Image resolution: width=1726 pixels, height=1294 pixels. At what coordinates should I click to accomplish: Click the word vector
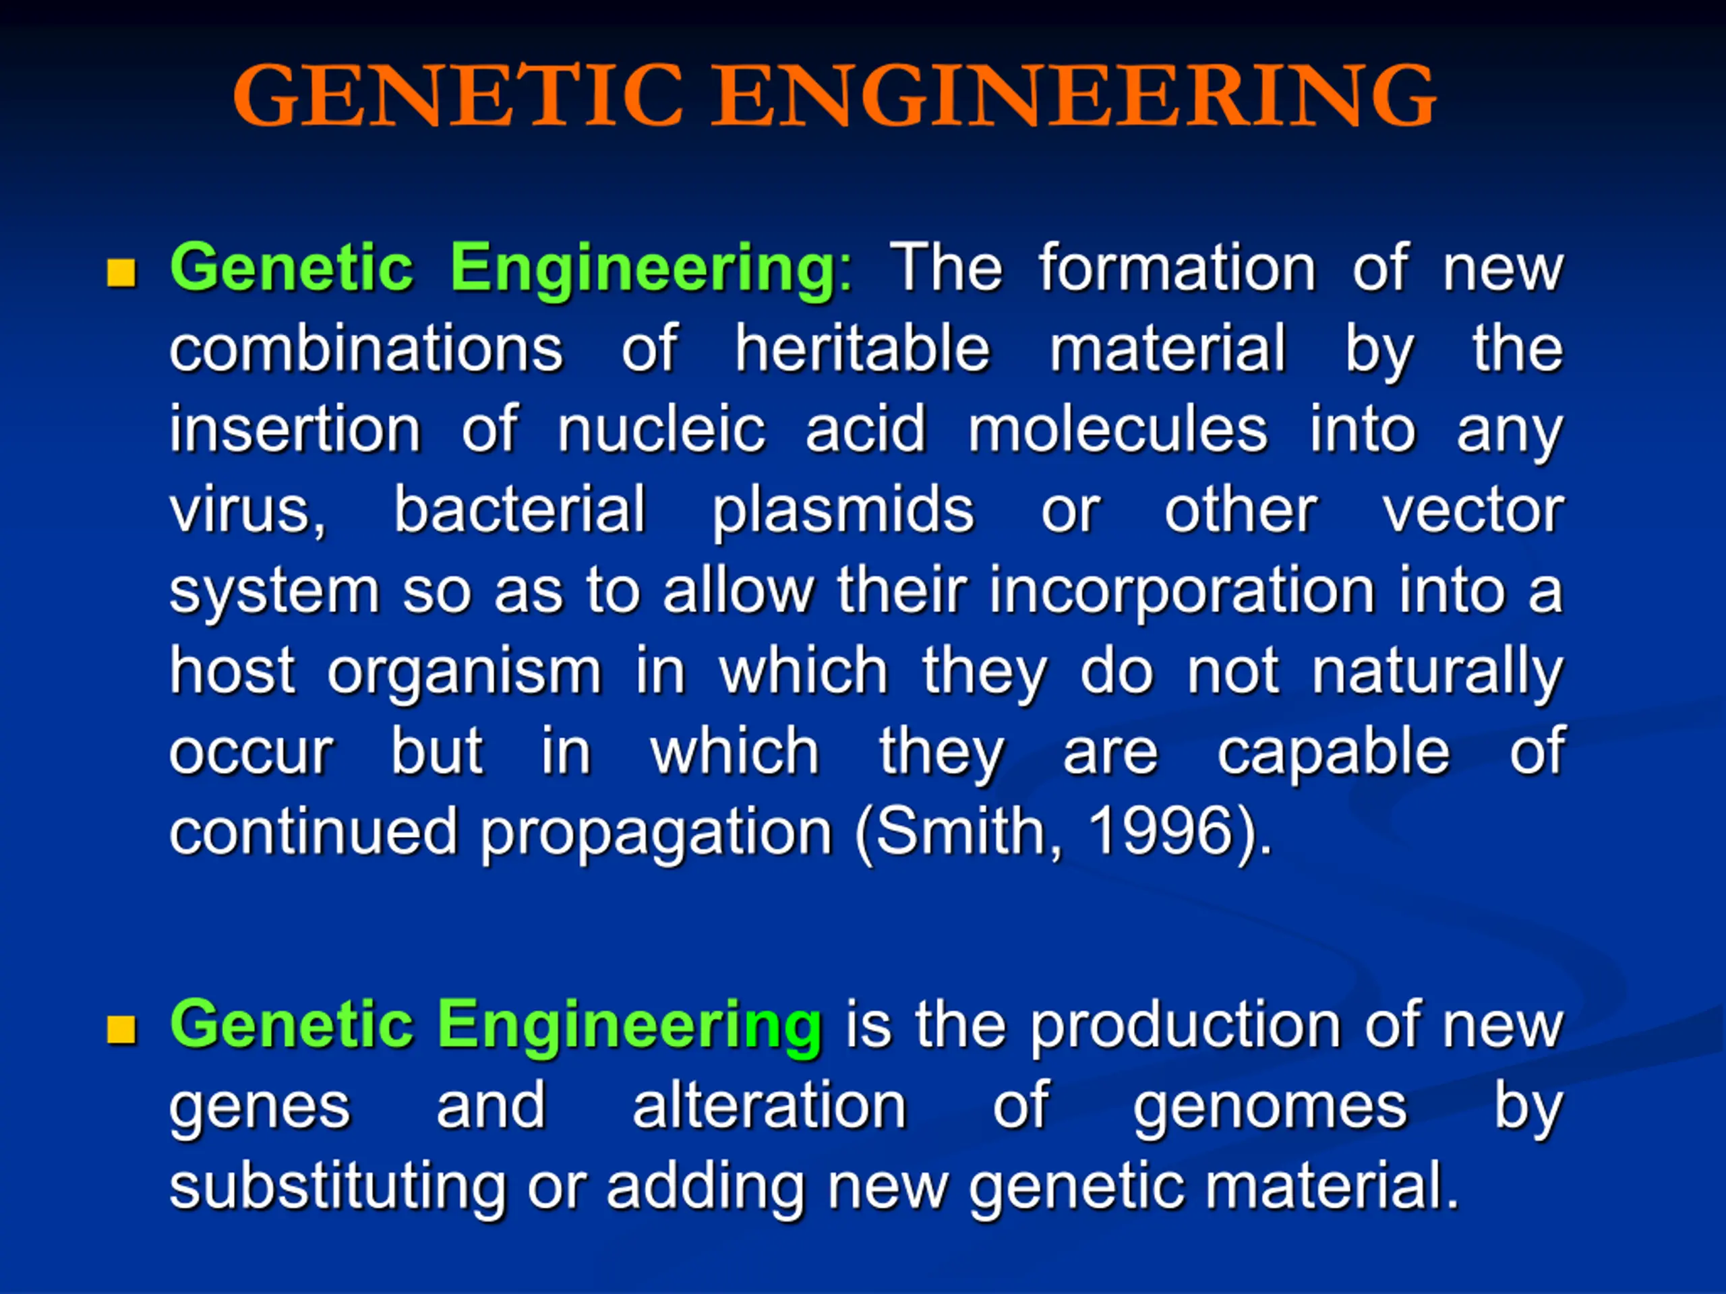1473,511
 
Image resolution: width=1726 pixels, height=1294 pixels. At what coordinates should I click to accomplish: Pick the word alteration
769,1105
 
